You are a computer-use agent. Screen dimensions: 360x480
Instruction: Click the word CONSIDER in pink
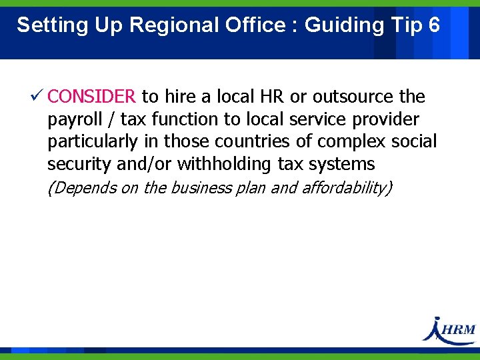coord(92,97)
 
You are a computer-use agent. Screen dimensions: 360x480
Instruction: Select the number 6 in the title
coord(434,25)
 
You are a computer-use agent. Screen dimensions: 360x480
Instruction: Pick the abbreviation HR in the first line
coord(272,97)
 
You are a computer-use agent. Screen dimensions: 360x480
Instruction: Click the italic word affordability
coord(347,188)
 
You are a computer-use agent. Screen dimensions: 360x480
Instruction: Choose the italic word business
coord(199,188)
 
